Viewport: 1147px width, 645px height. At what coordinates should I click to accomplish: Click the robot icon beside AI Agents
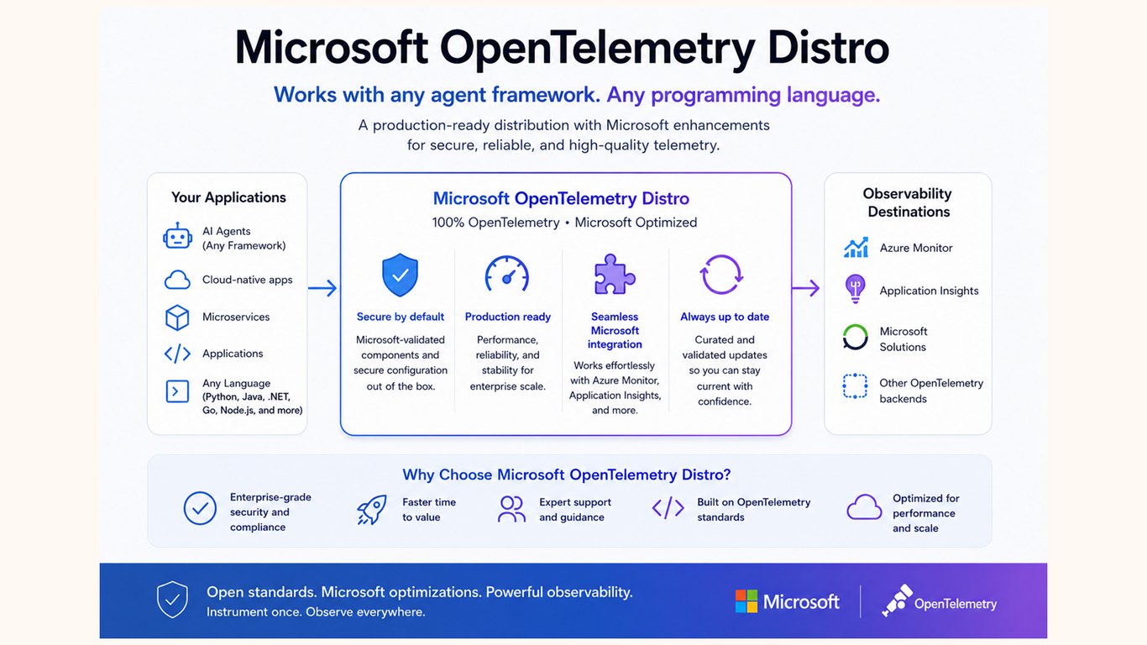pyautogui.click(x=178, y=236)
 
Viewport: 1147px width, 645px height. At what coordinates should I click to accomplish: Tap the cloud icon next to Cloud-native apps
pyautogui.click(x=177, y=280)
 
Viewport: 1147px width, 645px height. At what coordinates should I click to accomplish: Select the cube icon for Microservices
pyautogui.click(x=177, y=317)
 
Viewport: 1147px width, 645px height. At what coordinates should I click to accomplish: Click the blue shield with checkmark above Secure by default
pyautogui.click(x=400, y=275)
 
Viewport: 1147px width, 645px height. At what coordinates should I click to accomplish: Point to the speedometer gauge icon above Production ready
pyautogui.click(x=507, y=274)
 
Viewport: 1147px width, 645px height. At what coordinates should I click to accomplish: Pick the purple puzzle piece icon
pyautogui.click(x=615, y=274)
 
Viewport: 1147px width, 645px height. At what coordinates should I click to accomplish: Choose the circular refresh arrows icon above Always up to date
pyautogui.click(x=721, y=275)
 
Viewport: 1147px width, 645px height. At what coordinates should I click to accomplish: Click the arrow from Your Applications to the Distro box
pyautogui.click(x=322, y=288)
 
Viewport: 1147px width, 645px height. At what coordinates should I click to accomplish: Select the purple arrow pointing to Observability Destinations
pyautogui.click(x=806, y=288)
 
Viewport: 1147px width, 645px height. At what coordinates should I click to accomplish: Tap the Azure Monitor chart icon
pyautogui.click(x=856, y=248)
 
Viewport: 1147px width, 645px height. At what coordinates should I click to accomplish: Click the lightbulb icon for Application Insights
pyautogui.click(x=855, y=288)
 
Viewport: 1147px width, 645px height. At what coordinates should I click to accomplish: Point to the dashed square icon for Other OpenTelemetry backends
pyautogui.click(x=855, y=385)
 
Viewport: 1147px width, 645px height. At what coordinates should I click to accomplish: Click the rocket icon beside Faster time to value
pyautogui.click(x=372, y=510)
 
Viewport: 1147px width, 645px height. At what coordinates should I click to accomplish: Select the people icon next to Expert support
pyautogui.click(x=511, y=509)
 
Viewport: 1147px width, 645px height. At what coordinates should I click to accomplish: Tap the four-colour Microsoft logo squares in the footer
pyautogui.click(x=746, y=601)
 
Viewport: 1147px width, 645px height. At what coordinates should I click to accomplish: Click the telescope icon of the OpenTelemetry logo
pyautogui.click(x=897, y=600)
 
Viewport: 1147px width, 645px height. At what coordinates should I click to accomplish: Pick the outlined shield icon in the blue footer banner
pyautogui.click(x=172, y=600)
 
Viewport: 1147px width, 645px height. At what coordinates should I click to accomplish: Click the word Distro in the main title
pyautogui.click(x=829, y=48)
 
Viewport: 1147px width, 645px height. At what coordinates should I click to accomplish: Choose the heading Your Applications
pyautogui.click(x=228, y=197)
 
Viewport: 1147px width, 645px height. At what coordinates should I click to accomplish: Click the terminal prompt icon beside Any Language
pyautogui.click(x=177, y=391)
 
